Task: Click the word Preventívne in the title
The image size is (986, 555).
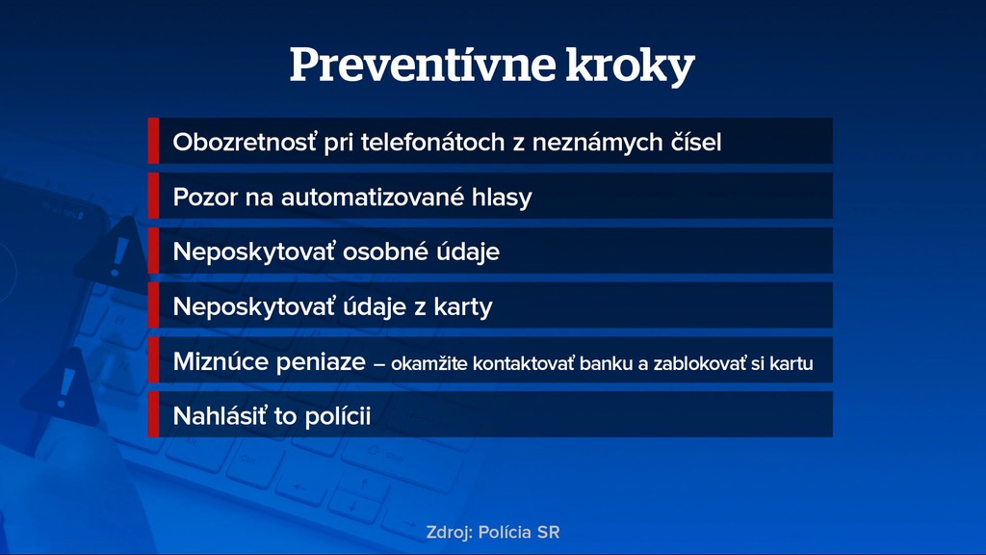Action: [x=423, y=65]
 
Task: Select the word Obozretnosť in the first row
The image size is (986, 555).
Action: [x=245, y=142]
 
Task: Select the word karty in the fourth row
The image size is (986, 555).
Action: [x=463, y=307]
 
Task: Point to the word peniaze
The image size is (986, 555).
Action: [x=321, y=362]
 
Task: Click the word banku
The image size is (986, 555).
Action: [x=606, y=363]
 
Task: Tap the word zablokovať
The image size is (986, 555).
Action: [x=699, y=363]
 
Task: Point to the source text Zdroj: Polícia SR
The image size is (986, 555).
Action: [x=493, y=532]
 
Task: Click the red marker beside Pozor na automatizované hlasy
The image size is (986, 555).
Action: [x=153, y=197]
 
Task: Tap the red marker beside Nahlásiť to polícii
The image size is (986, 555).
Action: [x=153, y=414]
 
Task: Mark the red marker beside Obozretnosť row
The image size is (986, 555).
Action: [x=153, y=141]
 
